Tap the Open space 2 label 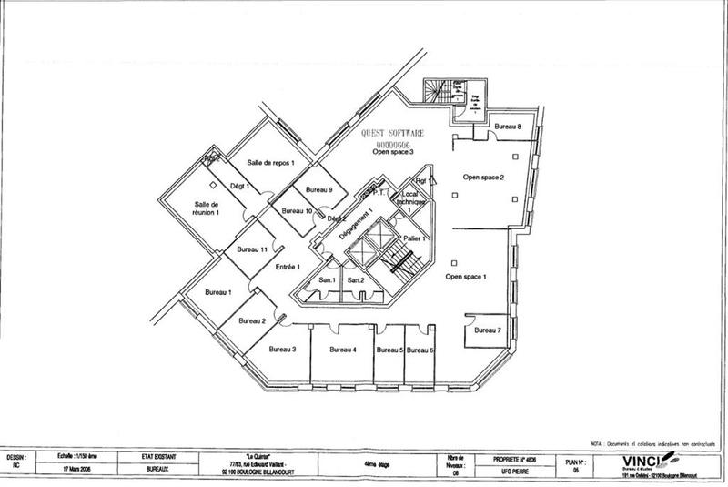[483, 178]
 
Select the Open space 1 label [466, 275]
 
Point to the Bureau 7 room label [487, 330]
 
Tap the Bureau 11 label [251, 249]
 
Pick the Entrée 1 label [288, 267]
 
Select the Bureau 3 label [282, 349]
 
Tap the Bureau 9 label [318, 189]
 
